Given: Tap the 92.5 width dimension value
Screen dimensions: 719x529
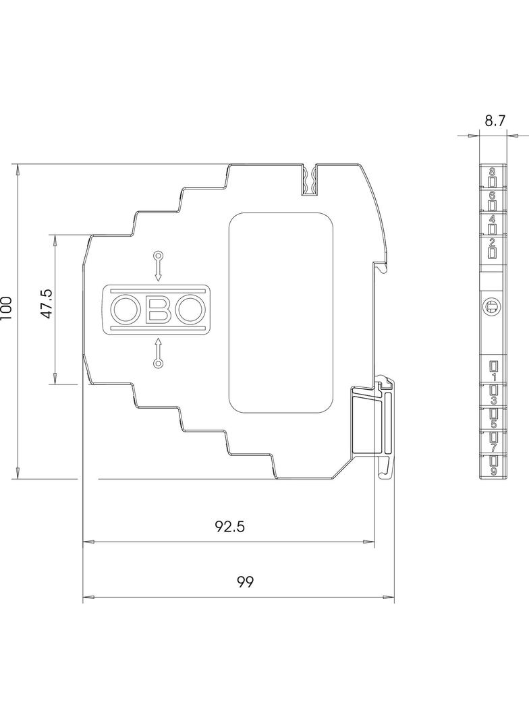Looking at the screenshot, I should [229, 527].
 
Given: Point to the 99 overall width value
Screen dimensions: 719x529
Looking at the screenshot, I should [245, 582].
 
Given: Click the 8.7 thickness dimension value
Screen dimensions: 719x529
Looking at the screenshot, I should [495, 121].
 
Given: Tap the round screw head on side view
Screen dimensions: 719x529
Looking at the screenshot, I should [493, 307].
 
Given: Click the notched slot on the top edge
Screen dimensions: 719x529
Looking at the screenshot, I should [309, 181].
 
